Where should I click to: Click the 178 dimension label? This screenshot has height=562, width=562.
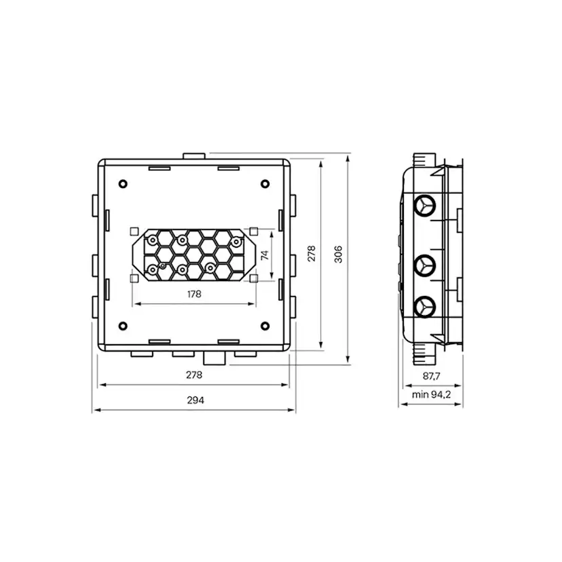click(x=194, y=295)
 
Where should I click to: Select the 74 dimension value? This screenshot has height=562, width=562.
click(x=265, y=255)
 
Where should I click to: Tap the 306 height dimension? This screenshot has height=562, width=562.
click(x=339, y=253)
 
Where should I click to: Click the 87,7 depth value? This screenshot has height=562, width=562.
click(x=430, y=375)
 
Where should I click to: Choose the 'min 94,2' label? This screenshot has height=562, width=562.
click(x=430, y=394)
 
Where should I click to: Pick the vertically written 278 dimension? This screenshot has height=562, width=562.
click(x=311, y=253)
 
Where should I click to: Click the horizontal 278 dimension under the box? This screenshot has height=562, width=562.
click(x=194, y=375)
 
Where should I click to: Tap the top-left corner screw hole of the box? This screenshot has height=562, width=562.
click(x=122, y=184)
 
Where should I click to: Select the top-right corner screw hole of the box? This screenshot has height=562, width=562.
click(x=263, y=184)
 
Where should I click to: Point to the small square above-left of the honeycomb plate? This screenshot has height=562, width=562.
click(x=135, y=230)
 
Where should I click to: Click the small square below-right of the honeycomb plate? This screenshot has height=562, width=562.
click(x=252, y=278)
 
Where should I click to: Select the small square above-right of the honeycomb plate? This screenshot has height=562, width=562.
click(x=252, y=230)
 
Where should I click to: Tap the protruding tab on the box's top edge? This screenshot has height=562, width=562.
click(x=194, y=156)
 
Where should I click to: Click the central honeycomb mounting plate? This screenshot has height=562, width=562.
click(x=194, y=255)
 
